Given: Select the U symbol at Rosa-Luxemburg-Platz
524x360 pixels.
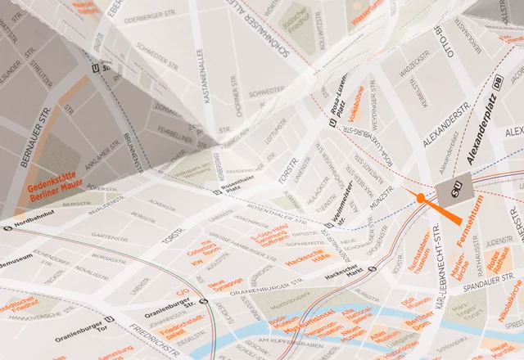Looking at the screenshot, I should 332,123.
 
